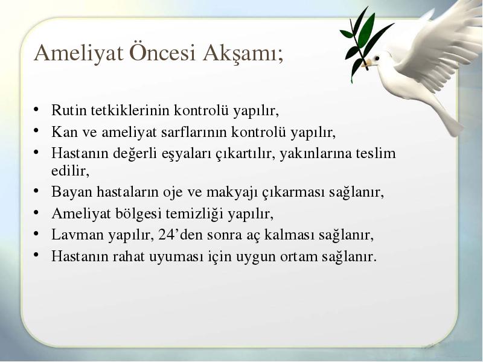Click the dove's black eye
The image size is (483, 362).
pos(377,58)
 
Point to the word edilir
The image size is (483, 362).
pos(70,171)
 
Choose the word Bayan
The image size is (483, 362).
pos(72,192)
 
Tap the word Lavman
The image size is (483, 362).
pos(77,235)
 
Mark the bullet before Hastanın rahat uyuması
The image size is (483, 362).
pos(36,255)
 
